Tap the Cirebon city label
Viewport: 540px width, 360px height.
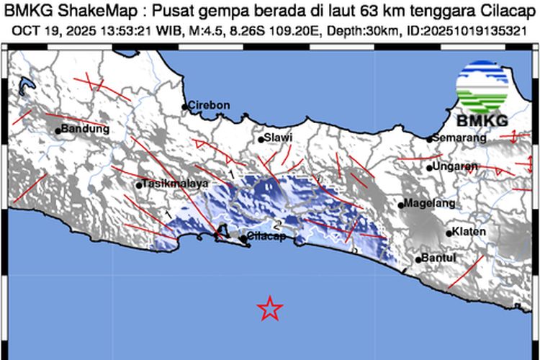[210, 105]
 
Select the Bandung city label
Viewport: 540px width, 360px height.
[86, 130]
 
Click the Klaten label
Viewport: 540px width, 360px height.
[469, 232]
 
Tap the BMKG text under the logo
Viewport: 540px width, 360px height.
[482, 120]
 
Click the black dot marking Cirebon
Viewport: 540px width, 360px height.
[185, 107]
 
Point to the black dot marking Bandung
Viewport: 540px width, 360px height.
[58, 131]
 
